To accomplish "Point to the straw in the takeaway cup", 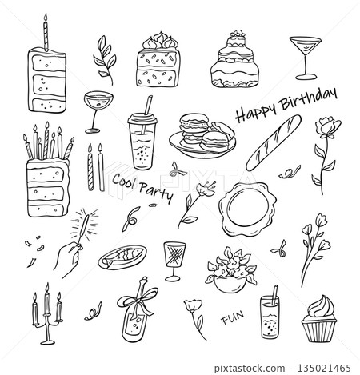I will point(147,106).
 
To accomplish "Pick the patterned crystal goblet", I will point(174,257).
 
